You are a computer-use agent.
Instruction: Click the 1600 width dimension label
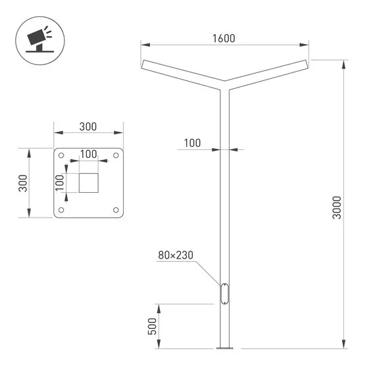(224, 38)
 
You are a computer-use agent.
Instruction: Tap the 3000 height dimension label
(337, 207)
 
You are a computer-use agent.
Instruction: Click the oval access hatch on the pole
(224, 293)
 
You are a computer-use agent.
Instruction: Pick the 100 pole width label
(192, 142)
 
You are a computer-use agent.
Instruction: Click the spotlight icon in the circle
(38, 38)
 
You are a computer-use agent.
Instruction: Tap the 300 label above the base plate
(88, 126)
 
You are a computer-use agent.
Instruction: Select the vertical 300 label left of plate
(23, 183)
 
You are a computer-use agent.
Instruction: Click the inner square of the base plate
(88, 182)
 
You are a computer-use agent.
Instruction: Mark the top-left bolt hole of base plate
(61, 156)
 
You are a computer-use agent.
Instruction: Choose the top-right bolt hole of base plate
(116, 156)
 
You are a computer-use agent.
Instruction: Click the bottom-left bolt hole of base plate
(61, 210)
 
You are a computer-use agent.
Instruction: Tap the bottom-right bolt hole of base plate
(116, 210)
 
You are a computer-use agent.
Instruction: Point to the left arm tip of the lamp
(144, 64)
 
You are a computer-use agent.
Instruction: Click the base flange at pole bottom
(224, 347)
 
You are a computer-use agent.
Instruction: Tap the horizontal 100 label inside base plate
(88, 154)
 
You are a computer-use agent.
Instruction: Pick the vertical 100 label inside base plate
(60, 182)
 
